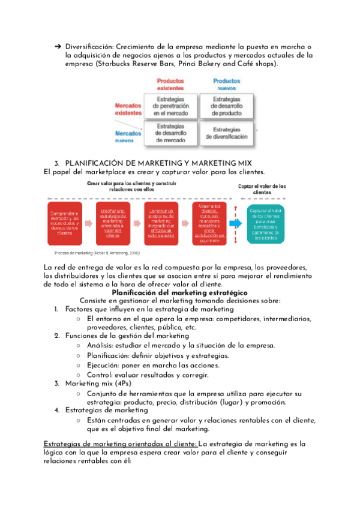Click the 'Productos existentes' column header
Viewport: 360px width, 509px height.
[x=170, y=84]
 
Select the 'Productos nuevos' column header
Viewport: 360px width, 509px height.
[x=227, y=84]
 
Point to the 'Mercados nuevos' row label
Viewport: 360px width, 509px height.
[x=128, y=137]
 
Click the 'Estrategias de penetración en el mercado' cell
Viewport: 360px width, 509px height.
[x=170, y=106]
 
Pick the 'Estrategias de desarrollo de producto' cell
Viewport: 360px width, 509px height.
[x=227, y=106]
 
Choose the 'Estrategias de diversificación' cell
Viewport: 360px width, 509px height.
[x=227, y=133]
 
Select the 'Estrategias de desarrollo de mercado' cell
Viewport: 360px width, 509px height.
[x=170, y=133]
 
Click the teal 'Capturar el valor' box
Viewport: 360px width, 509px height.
[x=266, y=224]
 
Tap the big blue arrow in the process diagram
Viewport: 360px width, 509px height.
[x=234, y=223]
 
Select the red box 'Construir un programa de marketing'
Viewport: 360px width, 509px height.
[x=161, y=223]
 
